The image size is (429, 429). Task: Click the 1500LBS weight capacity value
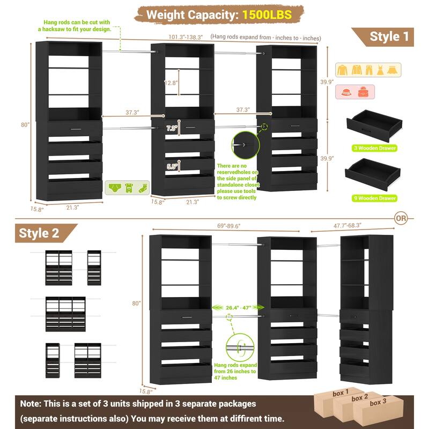267,14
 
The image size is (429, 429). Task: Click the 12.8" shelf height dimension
171,83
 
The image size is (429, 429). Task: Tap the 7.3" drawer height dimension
172,129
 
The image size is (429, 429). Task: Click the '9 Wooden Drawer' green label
373,198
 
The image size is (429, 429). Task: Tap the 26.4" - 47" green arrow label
239,307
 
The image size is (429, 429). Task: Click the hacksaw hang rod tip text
73,26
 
